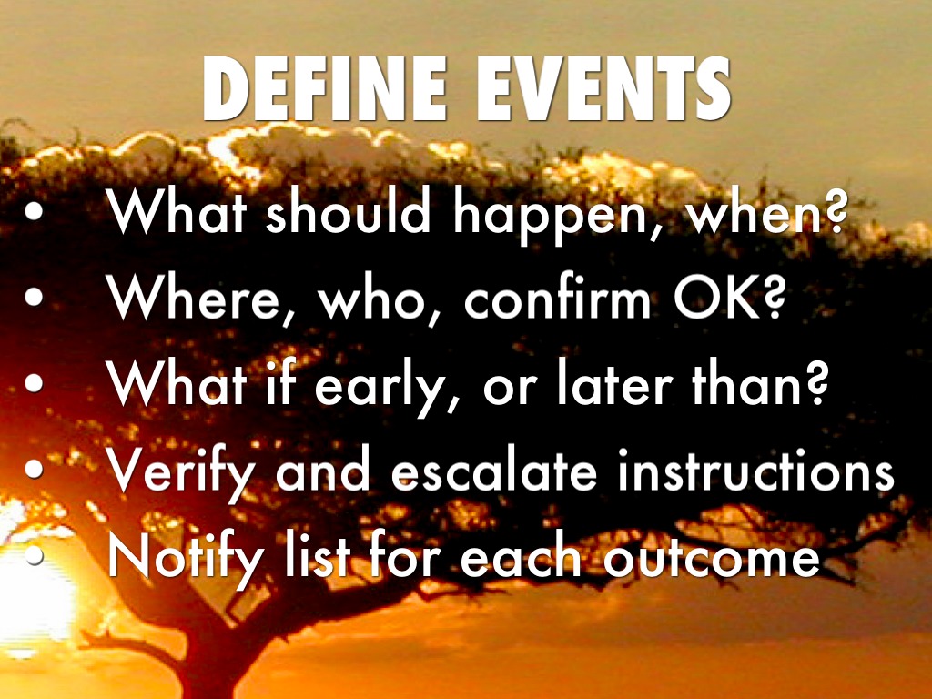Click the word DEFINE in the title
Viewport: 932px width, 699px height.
click(325, 88)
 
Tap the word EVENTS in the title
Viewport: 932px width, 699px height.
click(604, 88)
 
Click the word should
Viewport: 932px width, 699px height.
click(348, 209)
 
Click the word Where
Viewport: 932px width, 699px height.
click(192, 298)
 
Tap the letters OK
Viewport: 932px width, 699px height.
click(717, 298)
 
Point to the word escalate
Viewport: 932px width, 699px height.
click(493, 470)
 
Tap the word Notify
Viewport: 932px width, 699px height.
click(185, 560)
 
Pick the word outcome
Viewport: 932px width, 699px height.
click(712, 559)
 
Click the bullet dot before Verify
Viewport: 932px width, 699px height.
click(34, 469)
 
